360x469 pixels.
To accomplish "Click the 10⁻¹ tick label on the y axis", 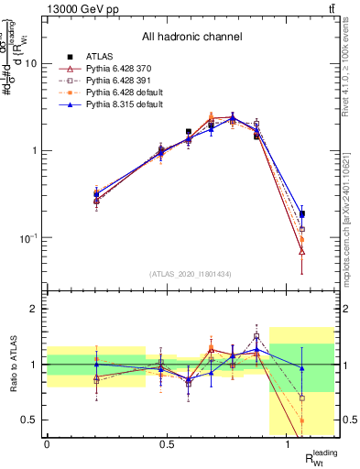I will click(x=28, y=238).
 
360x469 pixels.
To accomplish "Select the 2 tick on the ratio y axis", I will click(x=34, y=310).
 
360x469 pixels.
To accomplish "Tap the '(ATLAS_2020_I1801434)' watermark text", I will click(x=191, y=274).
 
